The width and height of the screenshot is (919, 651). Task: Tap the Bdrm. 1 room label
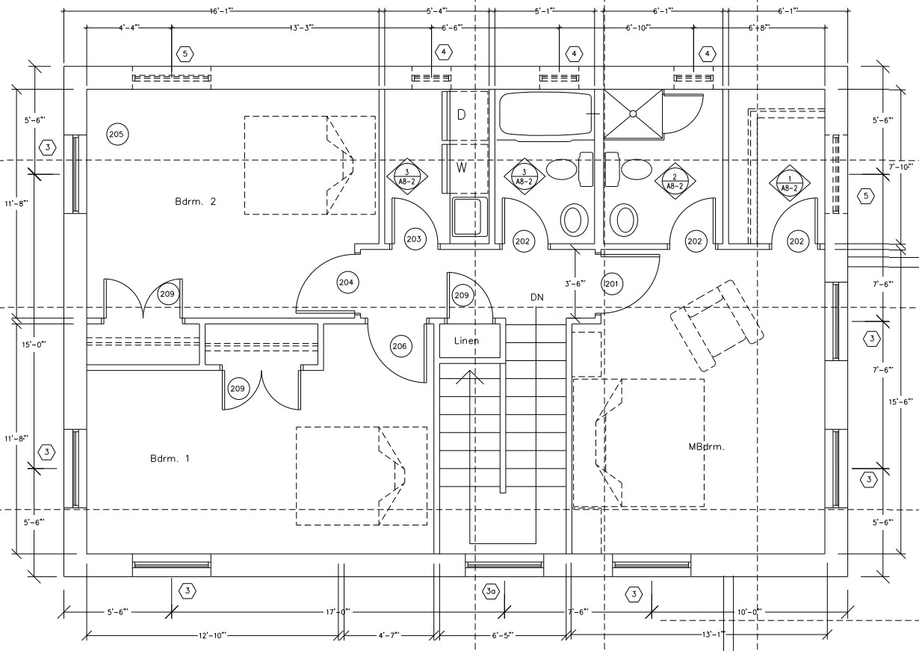click(170, 459)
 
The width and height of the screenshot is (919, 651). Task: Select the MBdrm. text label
click(707, 447)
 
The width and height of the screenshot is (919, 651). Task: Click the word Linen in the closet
click(467, 341)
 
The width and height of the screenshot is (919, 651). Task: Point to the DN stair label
click(536, 297)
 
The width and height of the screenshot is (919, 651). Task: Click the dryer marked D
click(462, 114)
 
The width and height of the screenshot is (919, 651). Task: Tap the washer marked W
click(462, 167)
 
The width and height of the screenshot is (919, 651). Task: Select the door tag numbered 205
click(117, 135)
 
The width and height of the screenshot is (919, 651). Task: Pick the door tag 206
click(400, 346)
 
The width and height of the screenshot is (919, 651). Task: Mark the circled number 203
click(414, 239)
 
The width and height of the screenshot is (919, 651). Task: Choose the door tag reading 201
click(612, 284)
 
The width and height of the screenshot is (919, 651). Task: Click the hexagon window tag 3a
click(490, 591)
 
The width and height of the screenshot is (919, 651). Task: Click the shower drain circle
click(633, 114)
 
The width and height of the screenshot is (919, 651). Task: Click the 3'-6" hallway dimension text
click(575, 283)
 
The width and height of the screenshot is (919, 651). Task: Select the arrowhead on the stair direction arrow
click(469, 375)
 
